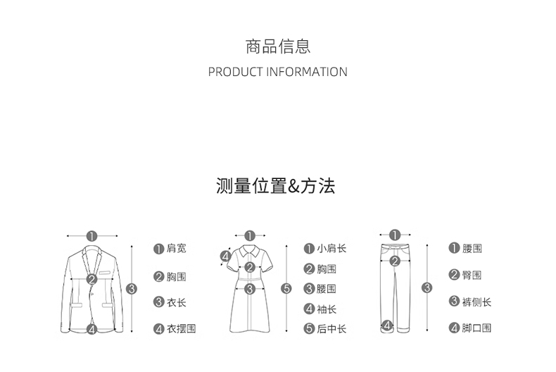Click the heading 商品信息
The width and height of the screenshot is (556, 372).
point(278,47)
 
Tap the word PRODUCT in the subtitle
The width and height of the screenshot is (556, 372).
point(236,72)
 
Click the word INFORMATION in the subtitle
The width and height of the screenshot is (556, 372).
point(306,72)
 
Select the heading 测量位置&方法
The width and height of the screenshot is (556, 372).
point(276,186)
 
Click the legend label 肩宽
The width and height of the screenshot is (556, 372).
point(177,249)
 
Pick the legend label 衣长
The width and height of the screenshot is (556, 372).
point(177,302)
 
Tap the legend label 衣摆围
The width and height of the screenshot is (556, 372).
point(181,329)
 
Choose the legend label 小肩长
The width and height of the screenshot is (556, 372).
point(331,249)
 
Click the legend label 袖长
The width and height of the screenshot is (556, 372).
point(327,309)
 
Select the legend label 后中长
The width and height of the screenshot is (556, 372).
point(331,329)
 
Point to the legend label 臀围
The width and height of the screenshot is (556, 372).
point(472,275)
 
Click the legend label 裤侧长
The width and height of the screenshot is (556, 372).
point(476,302)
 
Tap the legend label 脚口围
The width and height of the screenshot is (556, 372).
point(476,328)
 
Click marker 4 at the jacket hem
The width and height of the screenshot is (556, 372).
point(91,328)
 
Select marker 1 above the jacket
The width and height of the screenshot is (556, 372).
point(91,236)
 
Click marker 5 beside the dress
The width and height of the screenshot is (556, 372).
point(286,288)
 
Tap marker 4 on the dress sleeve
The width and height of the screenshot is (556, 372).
point(226,257)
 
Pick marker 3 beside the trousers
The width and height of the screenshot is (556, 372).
point(427,287)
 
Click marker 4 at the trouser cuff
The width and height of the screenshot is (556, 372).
point(386,325)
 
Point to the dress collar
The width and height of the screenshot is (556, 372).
point(249,250)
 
